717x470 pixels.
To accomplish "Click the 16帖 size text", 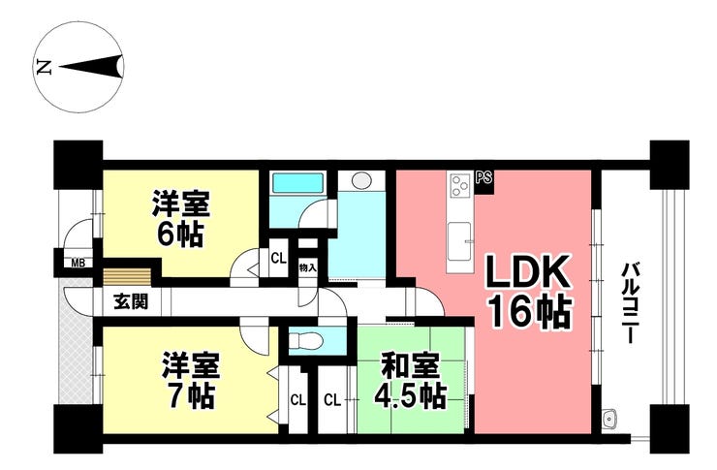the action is tap(531, 312).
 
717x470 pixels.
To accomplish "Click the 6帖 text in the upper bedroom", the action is tap(179, 235).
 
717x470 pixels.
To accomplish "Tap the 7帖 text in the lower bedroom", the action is tap(190, 396).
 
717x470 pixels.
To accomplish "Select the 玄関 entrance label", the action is tap(131, 301).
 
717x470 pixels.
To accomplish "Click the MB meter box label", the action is tap(77, 264).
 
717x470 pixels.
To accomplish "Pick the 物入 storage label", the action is tap(307, 267).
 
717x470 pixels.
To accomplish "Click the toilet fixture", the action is tap(306, 340).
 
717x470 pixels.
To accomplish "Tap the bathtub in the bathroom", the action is tap(297, 183).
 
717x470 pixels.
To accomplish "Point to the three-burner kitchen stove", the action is tap(460, 186).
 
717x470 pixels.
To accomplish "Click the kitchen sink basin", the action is tap(459, 240).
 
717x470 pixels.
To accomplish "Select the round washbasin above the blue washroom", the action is tap(361, 179).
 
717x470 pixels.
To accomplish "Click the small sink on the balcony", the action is tap(609, 418).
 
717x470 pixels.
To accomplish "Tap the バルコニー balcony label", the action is tap(629, 302).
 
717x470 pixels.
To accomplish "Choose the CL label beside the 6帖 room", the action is tap(278, 259).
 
